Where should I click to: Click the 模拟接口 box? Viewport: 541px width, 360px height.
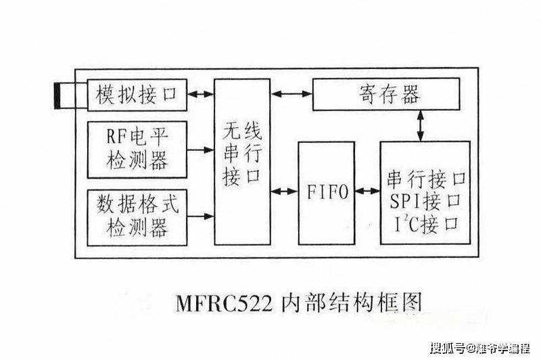coord(137,95)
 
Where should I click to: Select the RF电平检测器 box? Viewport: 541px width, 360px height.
coord(137,150)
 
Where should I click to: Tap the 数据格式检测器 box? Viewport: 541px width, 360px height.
coord(137,216)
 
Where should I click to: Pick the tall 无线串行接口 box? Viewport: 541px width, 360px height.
coord(241,162)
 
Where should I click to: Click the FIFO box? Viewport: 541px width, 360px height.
coord(327,192)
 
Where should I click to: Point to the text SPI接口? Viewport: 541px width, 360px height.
coord(425,200)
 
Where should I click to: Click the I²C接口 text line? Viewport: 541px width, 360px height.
coord(425,221)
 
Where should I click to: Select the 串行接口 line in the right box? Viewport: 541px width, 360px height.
coord(425,180)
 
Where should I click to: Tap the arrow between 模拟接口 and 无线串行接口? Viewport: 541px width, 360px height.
coord(200,95)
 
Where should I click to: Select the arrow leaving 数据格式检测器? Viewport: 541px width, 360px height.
coord(200,216)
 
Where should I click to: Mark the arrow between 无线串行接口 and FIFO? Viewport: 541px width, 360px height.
coord(283,192)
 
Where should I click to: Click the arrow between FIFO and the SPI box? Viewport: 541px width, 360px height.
coord(367,192)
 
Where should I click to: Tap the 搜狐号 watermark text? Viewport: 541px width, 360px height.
coord(448,348)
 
